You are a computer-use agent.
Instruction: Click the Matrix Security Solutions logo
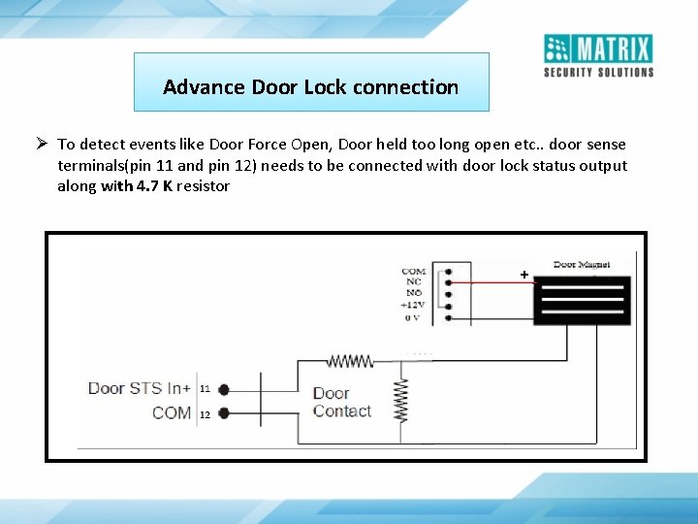tap(598, 55)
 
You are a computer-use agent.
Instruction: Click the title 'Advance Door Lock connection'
tap(310, 87)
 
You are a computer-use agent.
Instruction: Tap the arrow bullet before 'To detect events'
tap(44, 144)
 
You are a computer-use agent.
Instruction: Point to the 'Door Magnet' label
tap(583, 264)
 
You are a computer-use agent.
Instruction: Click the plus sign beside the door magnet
tap(524, 276)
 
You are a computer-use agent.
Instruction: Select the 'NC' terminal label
tap(414, 282)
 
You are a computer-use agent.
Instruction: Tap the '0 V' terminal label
tap(412, 316)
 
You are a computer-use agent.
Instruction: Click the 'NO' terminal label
tap(414, 293)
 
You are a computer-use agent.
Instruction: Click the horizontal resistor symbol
tap(350, 361)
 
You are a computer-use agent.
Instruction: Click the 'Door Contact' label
tap(341, 402)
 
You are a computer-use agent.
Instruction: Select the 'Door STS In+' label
tap(139, 388)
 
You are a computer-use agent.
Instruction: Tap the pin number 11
tap(205, 389)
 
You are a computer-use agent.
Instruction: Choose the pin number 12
tap(205, 414)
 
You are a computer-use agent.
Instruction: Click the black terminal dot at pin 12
tap(224, 413)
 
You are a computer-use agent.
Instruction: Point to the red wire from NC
tap(485, 283)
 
